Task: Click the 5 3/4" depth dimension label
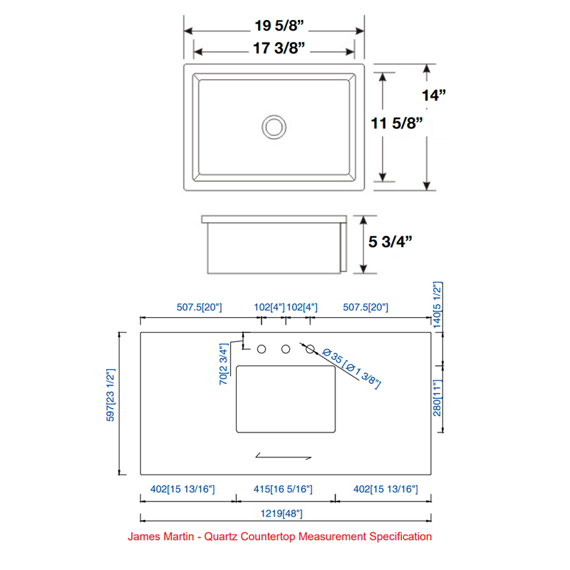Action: (x=390, y=241)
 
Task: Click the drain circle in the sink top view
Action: (x=274, y=127)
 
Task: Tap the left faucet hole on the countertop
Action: (x=261, y=349)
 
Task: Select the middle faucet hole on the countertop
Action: (x=286, y=349)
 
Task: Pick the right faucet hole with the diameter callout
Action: (x=311, y=349)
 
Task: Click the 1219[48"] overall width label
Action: (x=284, y=513)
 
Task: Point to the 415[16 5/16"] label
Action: (x=284, y=489)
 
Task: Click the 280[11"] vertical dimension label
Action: (x=439, y=398)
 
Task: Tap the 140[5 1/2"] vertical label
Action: (x=439, y=304)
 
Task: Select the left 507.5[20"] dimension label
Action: (x=199, y=307)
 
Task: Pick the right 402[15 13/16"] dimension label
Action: (x=385, y=489)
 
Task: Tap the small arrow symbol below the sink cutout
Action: (x=284, y=455)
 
